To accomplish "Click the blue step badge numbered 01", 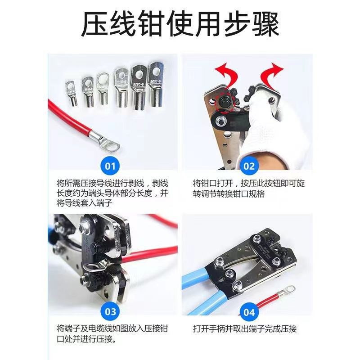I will (x=110, y=166).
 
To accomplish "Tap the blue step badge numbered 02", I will (x=249, y=166).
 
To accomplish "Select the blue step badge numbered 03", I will (x=110, y=311).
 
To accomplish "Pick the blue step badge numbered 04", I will (x=249, y=311).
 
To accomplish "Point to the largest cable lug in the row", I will (x=155, y=83).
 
